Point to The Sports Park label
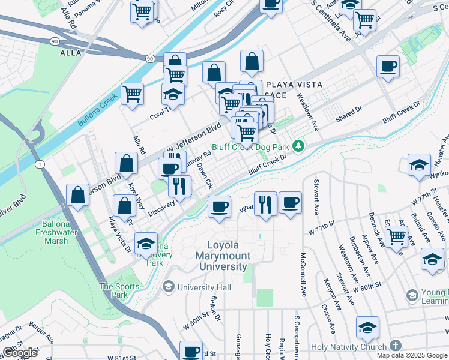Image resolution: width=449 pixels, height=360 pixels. coord(119,290)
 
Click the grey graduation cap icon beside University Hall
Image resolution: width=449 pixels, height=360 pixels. coord(169,287)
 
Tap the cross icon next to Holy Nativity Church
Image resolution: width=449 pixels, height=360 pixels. coord(395,346)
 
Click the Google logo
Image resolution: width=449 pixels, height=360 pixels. coord(20,353)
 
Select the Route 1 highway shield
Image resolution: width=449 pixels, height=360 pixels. coord(38,164)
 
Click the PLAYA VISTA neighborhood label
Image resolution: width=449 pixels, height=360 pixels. coord(294,85)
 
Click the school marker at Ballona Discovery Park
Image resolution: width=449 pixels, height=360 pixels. coord(146,243)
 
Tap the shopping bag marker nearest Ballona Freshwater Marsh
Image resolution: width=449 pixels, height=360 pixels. coord(78,195)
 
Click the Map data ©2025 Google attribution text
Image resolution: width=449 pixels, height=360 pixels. coord(411,355)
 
